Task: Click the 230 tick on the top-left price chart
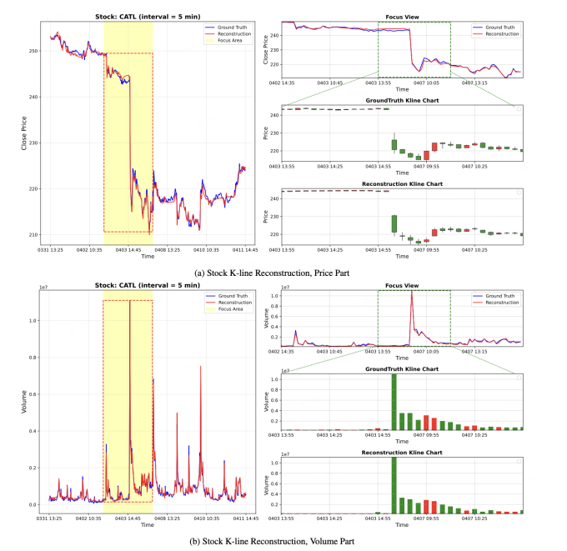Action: (33, 143)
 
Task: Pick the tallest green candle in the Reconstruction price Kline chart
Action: (394, 223)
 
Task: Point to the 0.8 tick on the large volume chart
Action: (33, 358)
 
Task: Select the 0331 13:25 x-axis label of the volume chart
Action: (52, 518)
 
